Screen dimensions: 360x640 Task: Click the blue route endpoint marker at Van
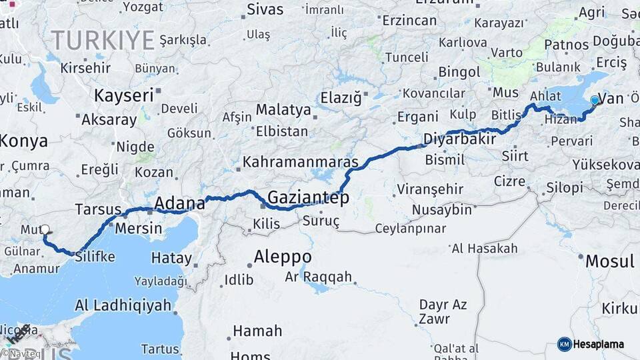595,101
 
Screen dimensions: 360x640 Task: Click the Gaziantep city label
308,197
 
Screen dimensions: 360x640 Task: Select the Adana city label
179,203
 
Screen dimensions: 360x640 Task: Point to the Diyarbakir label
460,139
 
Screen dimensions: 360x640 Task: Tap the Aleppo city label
283,257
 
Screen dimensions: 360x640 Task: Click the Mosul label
609,261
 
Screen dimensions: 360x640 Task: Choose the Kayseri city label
123,95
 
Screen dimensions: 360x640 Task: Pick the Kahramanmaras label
300,162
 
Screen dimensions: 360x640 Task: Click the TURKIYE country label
103,41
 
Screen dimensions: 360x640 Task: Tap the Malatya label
283,109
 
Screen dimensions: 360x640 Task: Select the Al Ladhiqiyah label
123,306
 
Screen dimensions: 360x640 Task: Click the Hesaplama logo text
598,345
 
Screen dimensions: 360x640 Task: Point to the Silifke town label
95,257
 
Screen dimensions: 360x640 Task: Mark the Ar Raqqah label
318,276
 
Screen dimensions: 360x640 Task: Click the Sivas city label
265,9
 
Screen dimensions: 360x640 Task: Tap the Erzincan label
409,20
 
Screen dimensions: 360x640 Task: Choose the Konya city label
24,141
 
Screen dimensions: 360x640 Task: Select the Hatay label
171,257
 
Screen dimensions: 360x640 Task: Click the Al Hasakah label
485,249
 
